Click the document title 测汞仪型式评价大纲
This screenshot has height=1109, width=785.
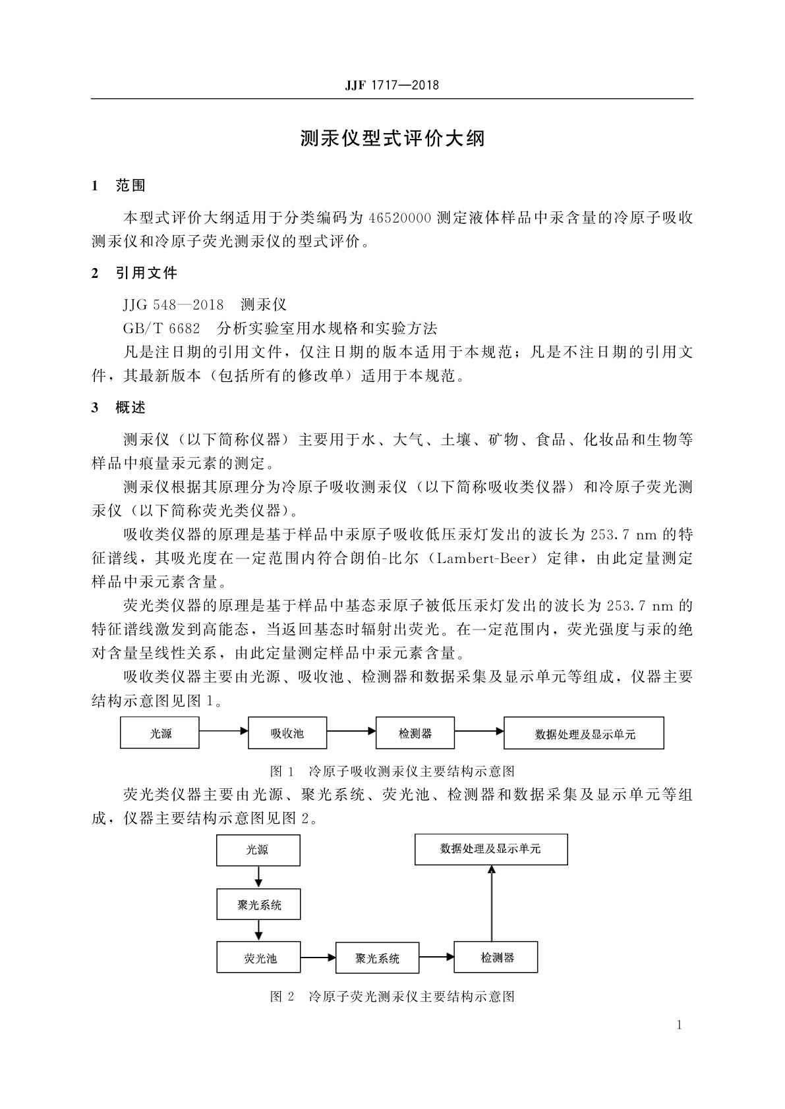392,139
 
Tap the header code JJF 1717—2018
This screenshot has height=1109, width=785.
392,86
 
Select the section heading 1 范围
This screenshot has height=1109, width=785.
119,186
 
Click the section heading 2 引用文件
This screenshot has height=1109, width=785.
134,273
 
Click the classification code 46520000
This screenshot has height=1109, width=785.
400,218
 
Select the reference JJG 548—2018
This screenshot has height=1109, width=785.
173,305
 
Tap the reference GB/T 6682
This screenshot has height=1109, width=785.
161,328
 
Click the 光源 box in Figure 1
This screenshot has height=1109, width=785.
160,733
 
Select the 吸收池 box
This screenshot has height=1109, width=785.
287,733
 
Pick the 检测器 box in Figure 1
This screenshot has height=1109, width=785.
415,733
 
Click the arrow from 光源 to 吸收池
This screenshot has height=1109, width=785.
223,730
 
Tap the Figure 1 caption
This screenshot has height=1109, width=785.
392,771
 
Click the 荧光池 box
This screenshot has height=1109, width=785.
258,958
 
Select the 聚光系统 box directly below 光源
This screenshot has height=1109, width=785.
258,905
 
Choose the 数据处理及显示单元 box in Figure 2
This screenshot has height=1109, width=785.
490,850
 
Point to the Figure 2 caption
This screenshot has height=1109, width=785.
392,996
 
